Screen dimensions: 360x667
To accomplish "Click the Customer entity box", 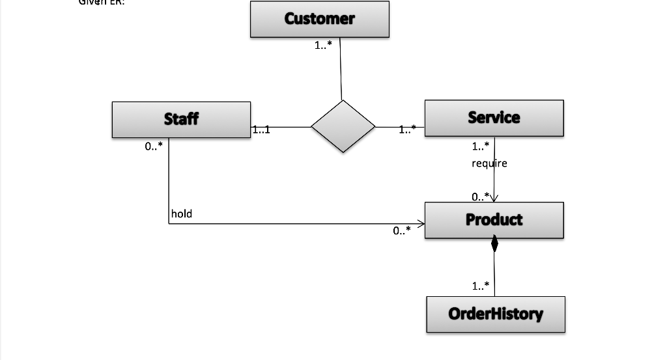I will (319, 19).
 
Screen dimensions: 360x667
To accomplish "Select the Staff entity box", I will (181, 119).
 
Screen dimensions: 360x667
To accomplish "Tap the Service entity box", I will (494, 118).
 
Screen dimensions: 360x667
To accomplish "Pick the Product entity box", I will (494, 220).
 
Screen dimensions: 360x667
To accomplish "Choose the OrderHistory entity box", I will (495, 314).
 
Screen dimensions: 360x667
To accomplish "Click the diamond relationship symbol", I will (343, 126).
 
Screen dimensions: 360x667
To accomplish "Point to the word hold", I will (182, 214).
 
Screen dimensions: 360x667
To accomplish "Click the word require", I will (489, 163).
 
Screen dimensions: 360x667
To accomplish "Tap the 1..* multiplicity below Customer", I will (324, 46).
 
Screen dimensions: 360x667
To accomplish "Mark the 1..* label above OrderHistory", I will (481, 286).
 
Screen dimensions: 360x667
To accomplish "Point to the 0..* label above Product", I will (481, 195).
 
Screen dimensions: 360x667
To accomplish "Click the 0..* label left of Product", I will (402, 230).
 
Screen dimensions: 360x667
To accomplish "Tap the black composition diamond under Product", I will (494, 245).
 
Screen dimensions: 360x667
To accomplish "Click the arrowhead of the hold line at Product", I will (421, 224).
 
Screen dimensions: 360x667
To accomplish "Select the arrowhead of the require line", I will (495, 199).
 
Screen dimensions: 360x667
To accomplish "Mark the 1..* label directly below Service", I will (481, 146).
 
